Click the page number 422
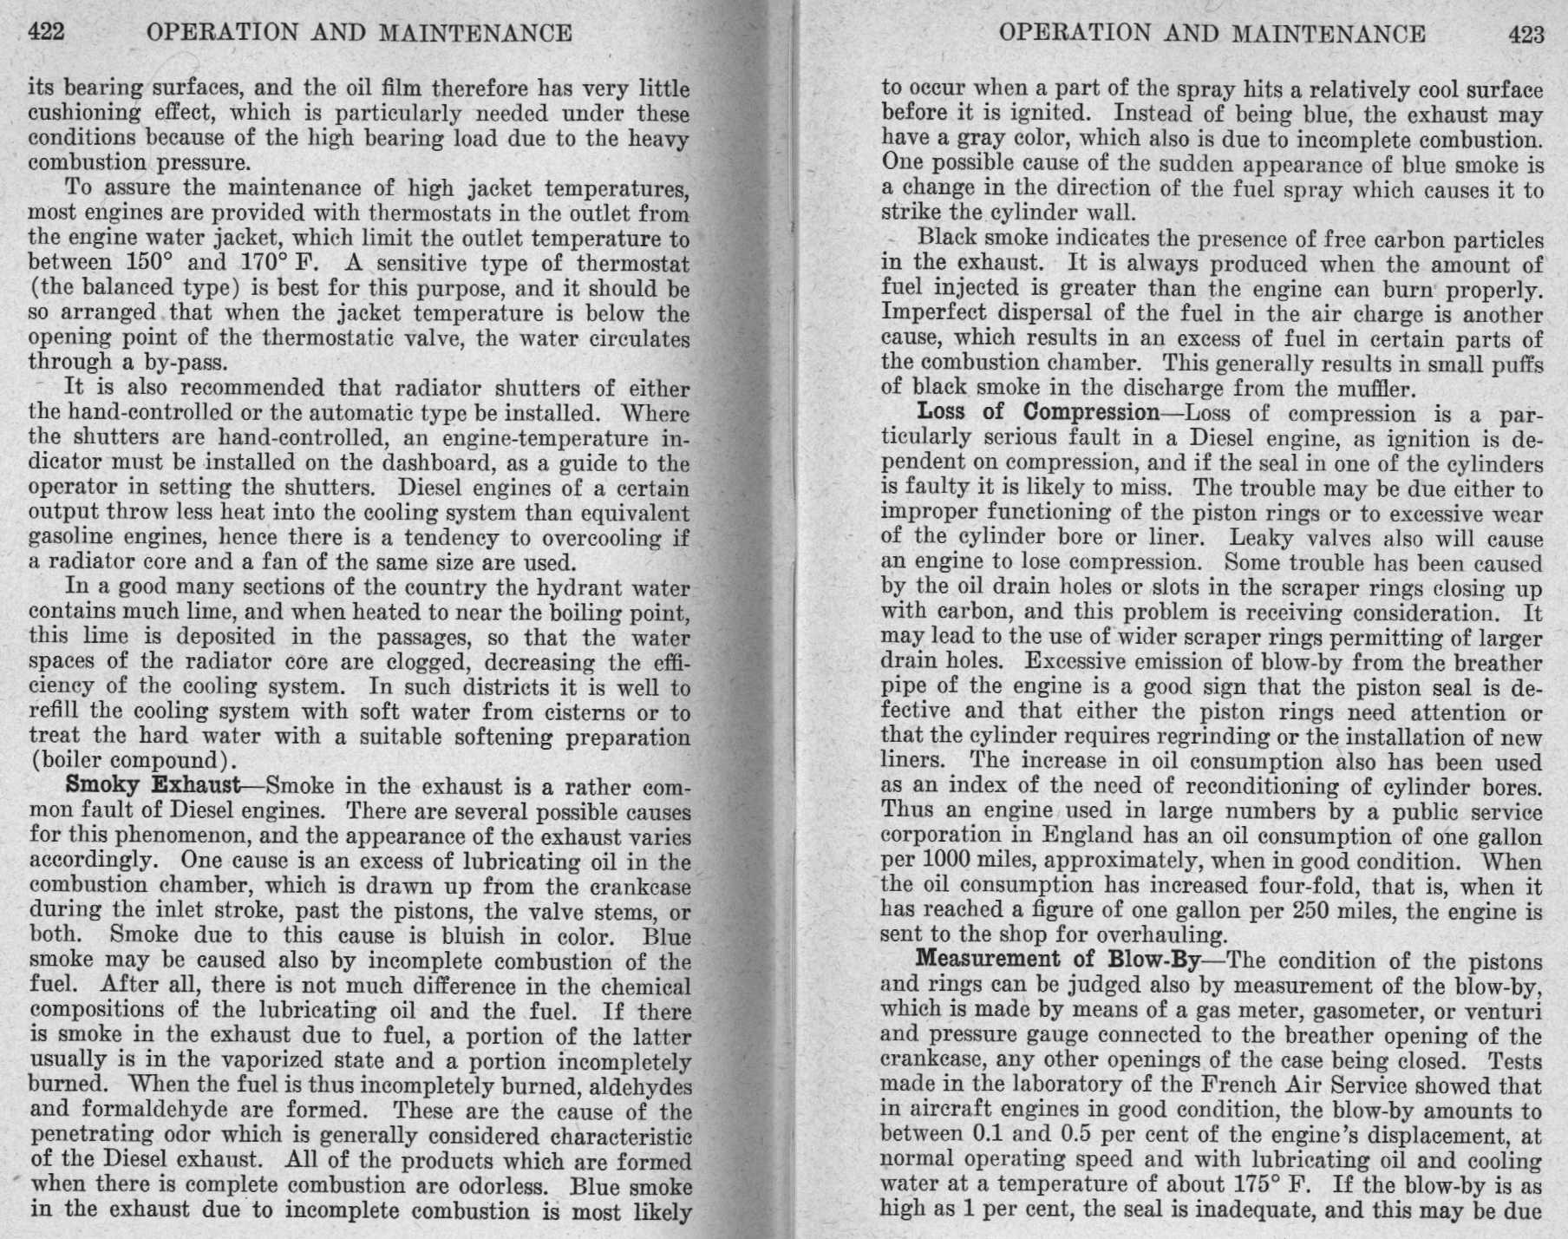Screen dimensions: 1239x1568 [x=47, y=33]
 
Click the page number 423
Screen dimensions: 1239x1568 [x=1526, y=34]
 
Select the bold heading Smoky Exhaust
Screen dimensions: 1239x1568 [x=153, y=786]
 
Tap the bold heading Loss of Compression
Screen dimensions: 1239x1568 [x=1037, y=411]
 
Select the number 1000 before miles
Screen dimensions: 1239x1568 [x=945, y=862]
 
